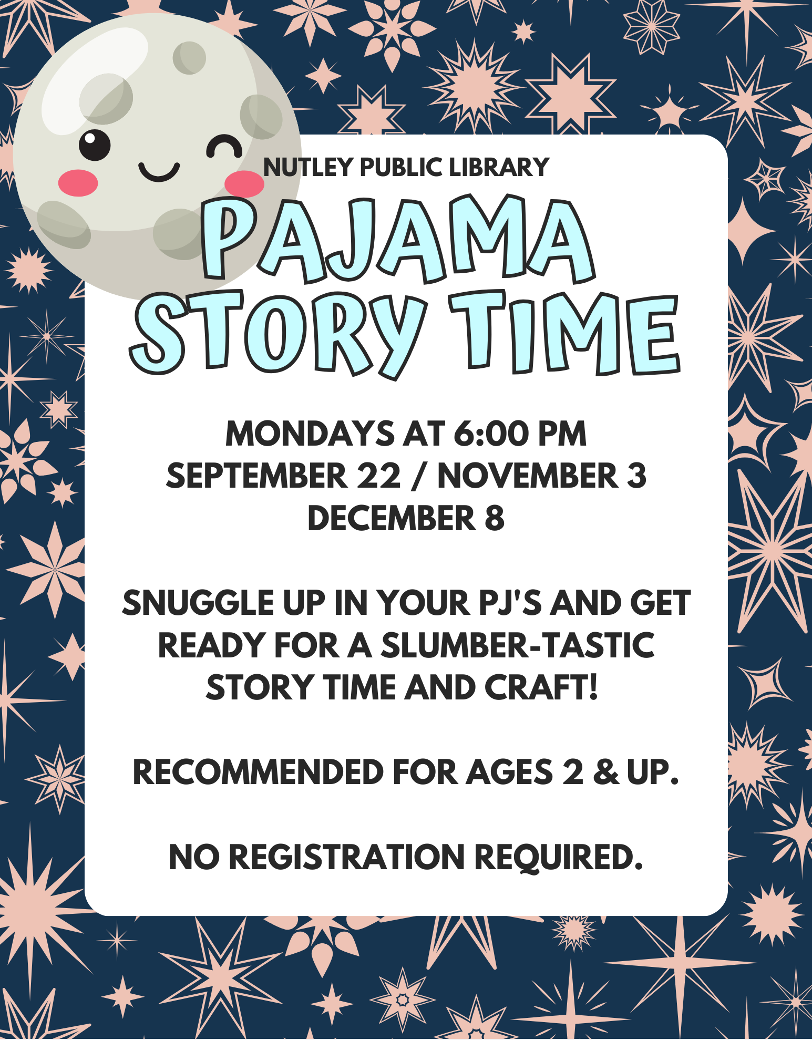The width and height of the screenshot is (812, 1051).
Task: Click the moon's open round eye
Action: click(x=95, y=145)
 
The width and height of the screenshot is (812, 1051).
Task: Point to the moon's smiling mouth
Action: click(x=159, y=171)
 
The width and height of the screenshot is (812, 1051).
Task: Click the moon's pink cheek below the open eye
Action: click(x=78, y=183)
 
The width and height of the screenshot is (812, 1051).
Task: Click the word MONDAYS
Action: click(x=310, y=434)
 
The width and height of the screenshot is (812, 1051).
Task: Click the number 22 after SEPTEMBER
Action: click(x=378, y=476)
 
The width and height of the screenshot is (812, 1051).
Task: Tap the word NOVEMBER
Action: click(x=527, y=476)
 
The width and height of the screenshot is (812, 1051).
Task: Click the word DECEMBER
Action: click(x=391, y=519)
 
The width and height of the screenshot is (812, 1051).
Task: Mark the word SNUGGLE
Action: click(x=198, y=603)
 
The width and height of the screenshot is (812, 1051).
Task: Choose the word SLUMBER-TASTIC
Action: click(x=518, y=646)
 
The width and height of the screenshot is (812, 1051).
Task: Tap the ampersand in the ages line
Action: click(x=606, y=773)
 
